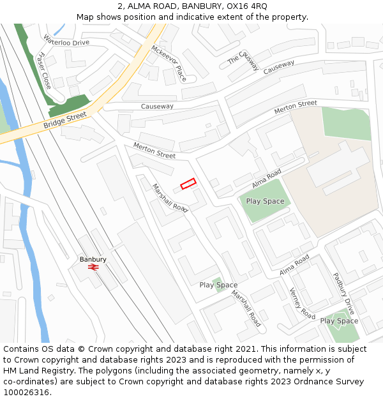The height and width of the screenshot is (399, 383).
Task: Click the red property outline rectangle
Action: pos(188,184)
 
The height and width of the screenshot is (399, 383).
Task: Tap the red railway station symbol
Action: pos(93,268)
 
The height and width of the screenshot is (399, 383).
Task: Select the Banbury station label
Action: pos(93,259)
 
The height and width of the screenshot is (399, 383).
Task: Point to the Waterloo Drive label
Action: pos(66,42)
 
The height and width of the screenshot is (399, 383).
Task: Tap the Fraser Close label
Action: pos(45,70)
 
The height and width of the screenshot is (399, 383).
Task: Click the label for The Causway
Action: pos(243,60)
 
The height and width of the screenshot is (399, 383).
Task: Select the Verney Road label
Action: pos(303,303)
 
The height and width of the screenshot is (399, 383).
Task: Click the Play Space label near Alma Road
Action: pos(265,201)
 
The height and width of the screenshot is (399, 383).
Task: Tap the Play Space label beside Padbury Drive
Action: pos(338,320)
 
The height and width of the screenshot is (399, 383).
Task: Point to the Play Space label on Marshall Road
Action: pos(218,285)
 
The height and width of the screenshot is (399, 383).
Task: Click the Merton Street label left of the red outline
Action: pos(154,151)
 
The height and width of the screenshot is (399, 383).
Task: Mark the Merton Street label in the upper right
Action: pos(296,107)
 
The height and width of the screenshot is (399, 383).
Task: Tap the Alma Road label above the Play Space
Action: pos(266,179)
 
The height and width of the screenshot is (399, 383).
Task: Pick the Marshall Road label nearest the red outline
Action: pos(170,198)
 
